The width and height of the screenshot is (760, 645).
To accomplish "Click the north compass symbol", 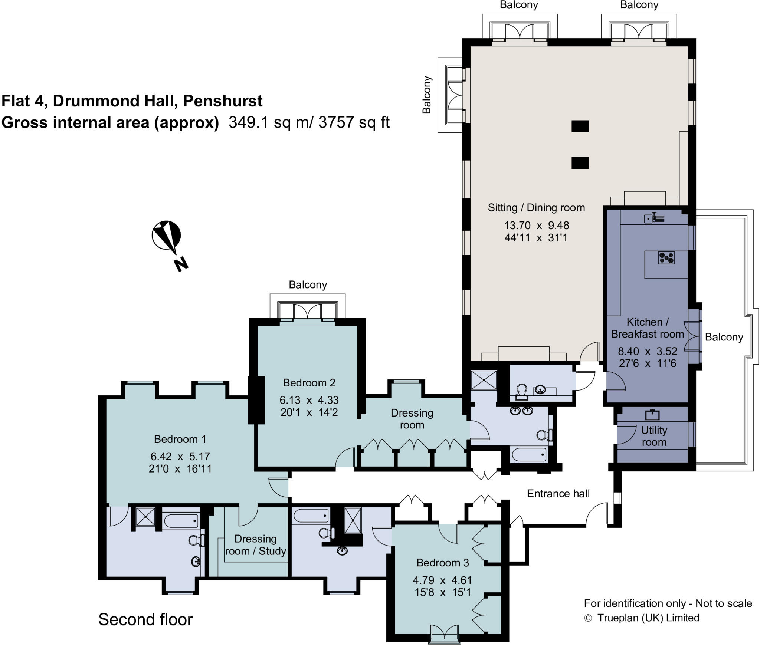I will click(167, 235).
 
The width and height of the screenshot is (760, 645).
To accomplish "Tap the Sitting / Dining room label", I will click(536, 208).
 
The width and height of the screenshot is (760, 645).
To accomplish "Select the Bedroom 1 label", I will click(180, 439).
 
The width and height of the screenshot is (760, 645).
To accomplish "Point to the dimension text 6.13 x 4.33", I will click(309, 400).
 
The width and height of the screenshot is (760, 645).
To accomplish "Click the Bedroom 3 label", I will click(443, 563).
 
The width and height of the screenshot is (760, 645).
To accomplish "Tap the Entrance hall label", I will click(558, 494).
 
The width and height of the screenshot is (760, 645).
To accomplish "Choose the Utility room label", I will click(654, 436).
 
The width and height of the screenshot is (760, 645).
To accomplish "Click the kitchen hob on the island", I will click(666, 258).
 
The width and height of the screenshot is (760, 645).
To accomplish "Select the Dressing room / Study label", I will click(256, 545).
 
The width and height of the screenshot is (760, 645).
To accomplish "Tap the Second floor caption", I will click(145, 619).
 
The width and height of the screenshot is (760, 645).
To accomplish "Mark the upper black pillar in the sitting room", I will click(580, 126).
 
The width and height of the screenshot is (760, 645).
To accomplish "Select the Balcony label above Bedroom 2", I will click(308, 285).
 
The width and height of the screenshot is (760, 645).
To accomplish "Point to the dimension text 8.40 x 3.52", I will click(647, 351).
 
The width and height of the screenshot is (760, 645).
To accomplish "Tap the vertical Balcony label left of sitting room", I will click(427, 95).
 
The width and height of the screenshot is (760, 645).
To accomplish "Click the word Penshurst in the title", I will click(223, 101).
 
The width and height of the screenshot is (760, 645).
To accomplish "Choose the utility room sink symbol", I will click(652, 414).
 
